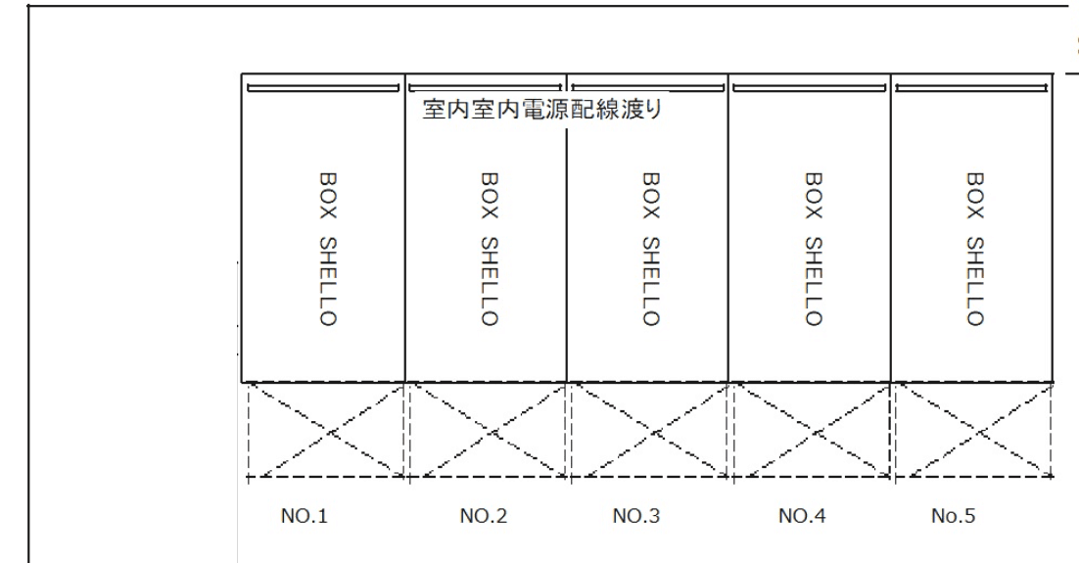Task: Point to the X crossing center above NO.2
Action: click(x=487, y=430)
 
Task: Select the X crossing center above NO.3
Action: click(x=649, y=430)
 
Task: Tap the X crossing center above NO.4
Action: click(x=811, y=430)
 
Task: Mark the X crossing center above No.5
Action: click(x=972, y=430)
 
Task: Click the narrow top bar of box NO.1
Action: click(x=324, y=87)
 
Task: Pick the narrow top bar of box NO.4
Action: click(x=810, y=87)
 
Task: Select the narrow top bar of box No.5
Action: click(x=972, y=87)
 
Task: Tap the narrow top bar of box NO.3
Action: click(x=647, y=87)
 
